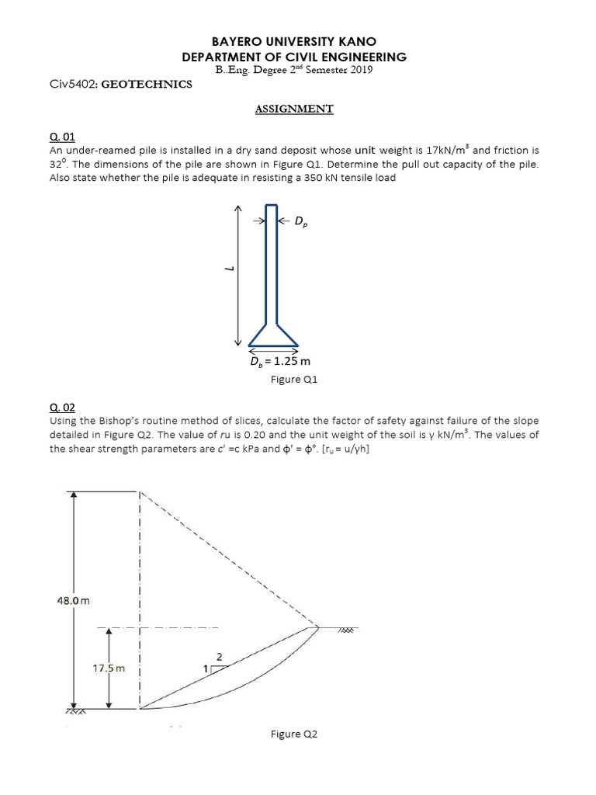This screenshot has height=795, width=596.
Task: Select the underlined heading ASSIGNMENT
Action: click(294, 109)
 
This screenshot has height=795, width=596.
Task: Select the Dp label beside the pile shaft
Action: click(300, 222)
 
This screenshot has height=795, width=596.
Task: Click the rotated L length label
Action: click(227, 269)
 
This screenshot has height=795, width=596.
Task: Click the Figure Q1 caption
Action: click(294, 380)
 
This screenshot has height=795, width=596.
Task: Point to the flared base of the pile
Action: click(272, 335)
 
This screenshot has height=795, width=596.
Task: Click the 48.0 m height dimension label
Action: click(74, 600)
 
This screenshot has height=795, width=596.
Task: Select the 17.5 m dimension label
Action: click(109, 667)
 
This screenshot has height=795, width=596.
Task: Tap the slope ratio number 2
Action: click(219, 657)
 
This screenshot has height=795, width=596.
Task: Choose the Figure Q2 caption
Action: click(294, 734)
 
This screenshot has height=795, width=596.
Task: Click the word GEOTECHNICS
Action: click(147, 84)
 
